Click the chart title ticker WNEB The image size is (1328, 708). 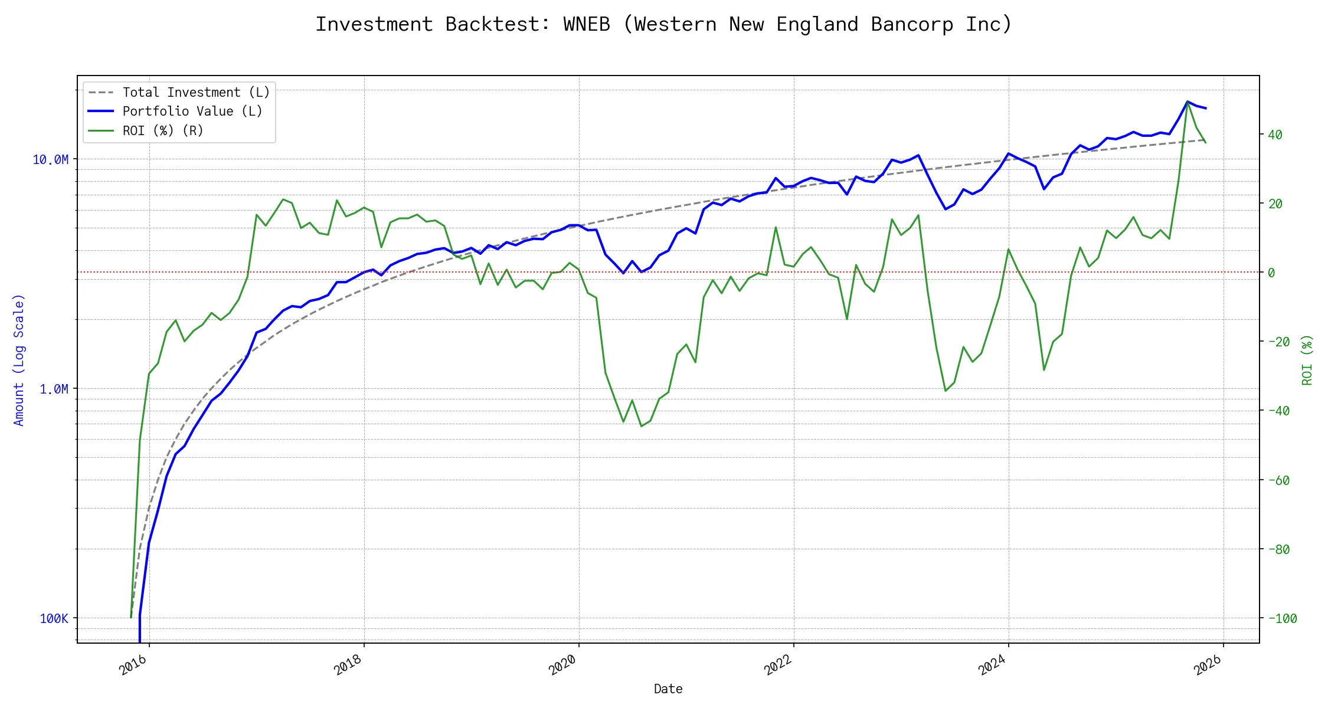(x=586, y=25)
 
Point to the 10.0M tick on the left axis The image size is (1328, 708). (x=51, y=160)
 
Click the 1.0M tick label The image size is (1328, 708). (x=54, y=389)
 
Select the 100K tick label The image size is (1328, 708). (x=54, y=619)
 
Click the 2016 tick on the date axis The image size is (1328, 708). (x=133, y=666)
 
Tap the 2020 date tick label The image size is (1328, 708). (x=562, y=666)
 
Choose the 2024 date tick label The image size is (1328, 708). (x=992, y=666)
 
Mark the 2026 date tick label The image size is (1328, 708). (x=1207, y=666)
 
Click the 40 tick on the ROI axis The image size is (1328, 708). (x=1275, y=135)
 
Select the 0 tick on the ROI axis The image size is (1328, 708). (x=1271, y=273)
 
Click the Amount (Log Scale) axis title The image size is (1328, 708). (x=19, y=360)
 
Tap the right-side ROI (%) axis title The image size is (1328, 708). (x=1307, y=360)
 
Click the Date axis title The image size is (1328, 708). (x=668, y=689)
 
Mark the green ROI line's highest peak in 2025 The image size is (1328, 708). (x=1188, y=101)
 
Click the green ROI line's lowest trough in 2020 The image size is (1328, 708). (x=642, y=427)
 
